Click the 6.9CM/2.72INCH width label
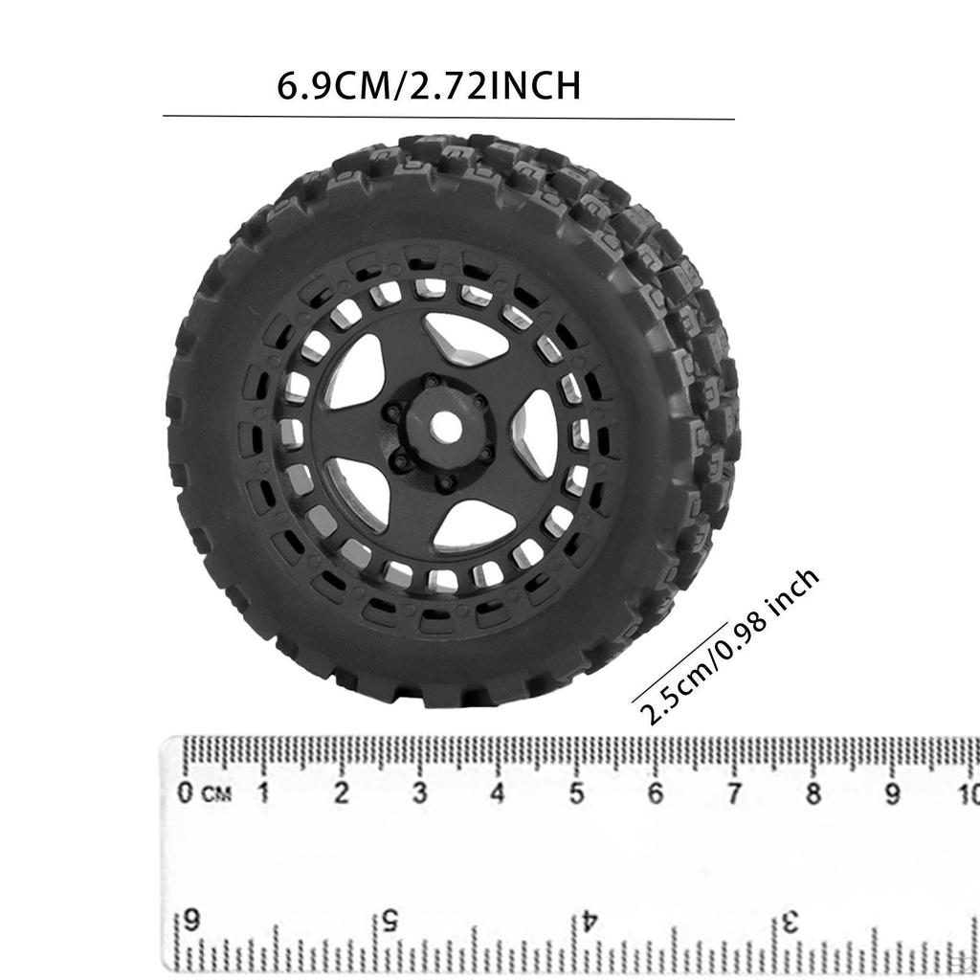coord(429,85)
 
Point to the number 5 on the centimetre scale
coord(577,792)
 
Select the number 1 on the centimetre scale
coord(263,792)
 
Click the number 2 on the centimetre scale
coord(342,792)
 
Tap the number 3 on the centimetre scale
coord(420,792)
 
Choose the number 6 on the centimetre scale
coord(656,792)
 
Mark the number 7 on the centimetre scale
coord(734,792)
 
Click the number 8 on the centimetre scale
coord(813,792)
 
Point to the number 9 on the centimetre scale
coord(892,792)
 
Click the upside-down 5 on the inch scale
coord(390,921)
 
